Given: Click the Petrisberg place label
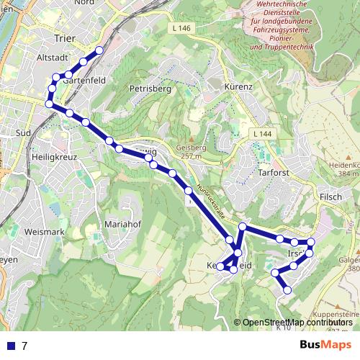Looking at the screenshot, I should (x=149, y=89).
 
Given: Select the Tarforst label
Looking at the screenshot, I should (x=274, y=172).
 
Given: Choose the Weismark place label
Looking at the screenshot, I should (x=44, y=232).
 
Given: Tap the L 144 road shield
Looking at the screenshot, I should (x=262, y=135).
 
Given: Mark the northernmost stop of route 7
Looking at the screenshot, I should (x=99, y=50).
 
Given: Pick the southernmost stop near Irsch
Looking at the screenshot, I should (x=287, y=290).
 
